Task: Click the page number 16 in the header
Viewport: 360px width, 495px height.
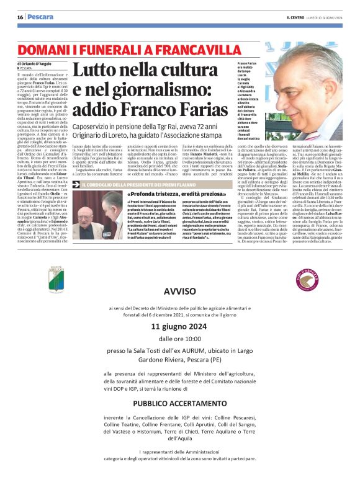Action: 20,17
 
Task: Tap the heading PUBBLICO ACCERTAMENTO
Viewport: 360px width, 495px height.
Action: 180,402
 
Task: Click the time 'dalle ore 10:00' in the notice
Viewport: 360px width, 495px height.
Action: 180,339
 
